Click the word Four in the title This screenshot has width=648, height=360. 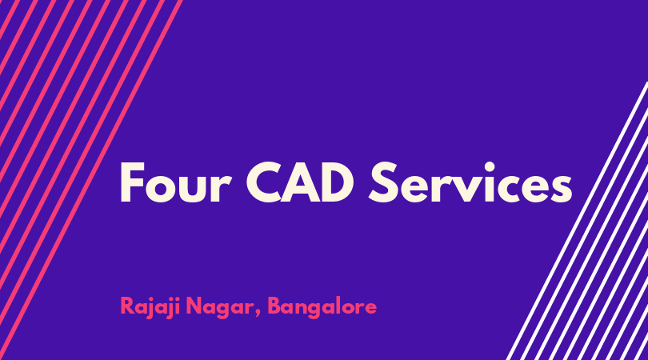[x=175, y=182]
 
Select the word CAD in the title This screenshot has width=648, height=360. [x=300, y=182]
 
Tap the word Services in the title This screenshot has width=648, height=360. [x=470, y=182]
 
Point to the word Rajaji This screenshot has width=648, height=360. [x=150, y=307]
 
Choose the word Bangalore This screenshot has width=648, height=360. [x=322, y=307]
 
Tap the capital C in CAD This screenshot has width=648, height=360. [x=265, y=182]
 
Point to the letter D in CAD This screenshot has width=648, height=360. [x=338, y=182]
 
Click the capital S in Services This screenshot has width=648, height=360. [x=383, y=182]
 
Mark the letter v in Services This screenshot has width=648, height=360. [x=468, y=189]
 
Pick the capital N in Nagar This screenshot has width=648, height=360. [x=194, y=306]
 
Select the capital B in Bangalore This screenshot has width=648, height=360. [x=275, y=306]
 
